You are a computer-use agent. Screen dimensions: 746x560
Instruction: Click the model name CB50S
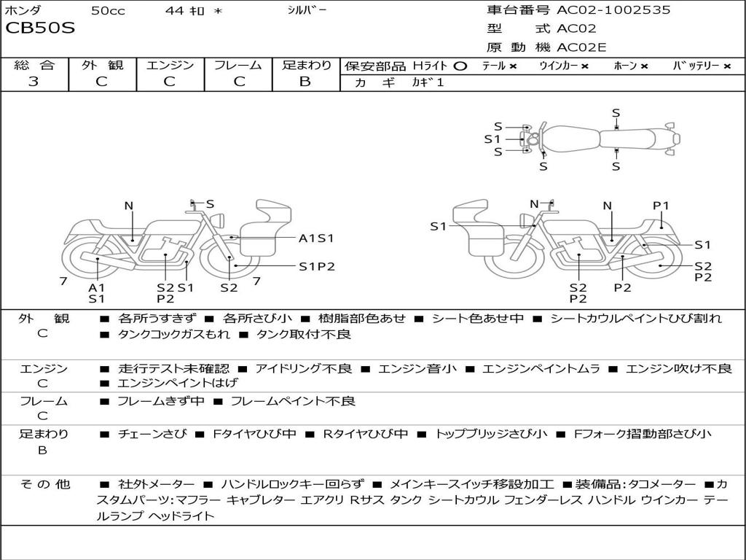pos(40,29)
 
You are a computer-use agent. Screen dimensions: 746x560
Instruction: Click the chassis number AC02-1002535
pos(613,10)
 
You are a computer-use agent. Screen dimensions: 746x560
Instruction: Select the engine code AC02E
pos(581,47)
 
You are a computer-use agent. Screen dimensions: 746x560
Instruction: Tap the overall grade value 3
pos(34,82)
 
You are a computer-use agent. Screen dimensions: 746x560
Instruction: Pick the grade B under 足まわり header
pos(305,82)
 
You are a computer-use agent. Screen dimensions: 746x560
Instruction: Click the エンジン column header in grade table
pos(170,65)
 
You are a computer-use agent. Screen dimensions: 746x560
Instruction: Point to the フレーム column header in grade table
pos(237,65)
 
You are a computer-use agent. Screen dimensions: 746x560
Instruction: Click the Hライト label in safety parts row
pos(429,66)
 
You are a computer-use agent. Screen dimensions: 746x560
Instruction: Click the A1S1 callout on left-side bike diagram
pos(316,238)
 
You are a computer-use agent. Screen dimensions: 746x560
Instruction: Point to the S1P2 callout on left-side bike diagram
pos(317,266)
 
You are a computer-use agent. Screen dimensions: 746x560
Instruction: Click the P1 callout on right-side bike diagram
pos(661,206)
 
